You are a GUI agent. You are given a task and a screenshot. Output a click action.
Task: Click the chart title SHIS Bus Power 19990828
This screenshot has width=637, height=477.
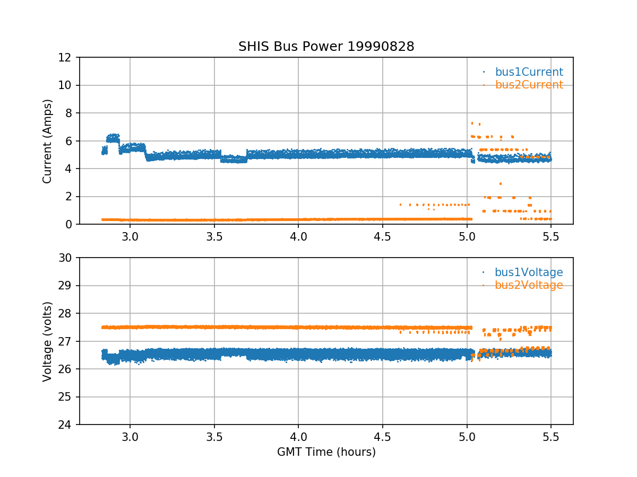click(x=326, y=47)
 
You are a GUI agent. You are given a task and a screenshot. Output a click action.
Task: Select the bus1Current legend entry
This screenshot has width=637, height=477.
click(x=529, y=72)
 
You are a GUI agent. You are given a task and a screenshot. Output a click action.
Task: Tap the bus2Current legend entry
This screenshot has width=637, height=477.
click(x=529, y=85)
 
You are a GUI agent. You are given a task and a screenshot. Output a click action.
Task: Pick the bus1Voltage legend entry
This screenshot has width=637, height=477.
click(x=529, y=272)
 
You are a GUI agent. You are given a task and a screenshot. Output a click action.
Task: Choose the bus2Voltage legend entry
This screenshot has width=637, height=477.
click(x=529, y=285)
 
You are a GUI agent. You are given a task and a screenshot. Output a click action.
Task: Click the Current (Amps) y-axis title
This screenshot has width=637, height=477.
click(x=48, y=141)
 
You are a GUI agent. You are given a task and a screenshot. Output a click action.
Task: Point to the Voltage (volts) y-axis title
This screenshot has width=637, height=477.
click(x=48, y=341)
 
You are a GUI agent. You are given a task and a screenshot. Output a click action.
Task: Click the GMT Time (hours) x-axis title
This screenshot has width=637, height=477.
click(x=326, y=452)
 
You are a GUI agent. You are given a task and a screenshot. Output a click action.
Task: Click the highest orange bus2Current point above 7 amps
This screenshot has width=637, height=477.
click(x=472, y=123)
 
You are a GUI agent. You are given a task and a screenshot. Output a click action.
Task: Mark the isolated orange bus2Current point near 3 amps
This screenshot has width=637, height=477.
click(x=500, y=183)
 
